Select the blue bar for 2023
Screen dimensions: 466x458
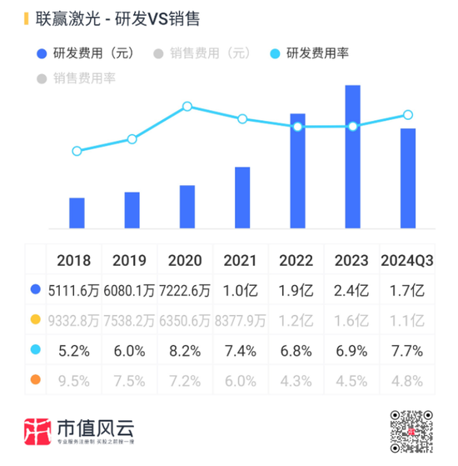(352, 157)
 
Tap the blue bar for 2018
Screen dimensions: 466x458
(77, 213)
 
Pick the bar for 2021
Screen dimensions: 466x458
(242, 198)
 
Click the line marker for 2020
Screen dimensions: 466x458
(187, 106)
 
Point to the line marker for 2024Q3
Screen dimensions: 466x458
(407, 115)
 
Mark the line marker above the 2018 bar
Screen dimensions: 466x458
(77, 151)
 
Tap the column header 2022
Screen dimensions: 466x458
(297, 260)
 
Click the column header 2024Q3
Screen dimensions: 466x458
(406, 260)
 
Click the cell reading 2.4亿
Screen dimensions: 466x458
(352, 290)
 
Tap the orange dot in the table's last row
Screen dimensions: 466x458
(35, 381)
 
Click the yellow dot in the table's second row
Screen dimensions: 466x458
(35, 320)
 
